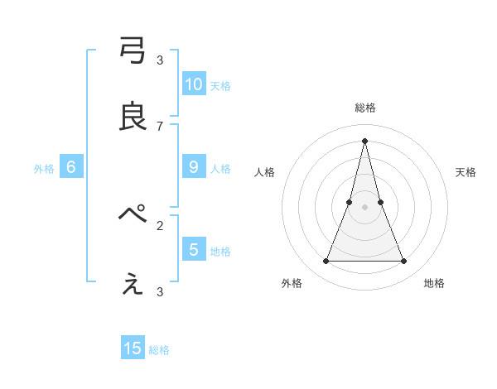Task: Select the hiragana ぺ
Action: [133, 215]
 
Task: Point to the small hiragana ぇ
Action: [133, 284]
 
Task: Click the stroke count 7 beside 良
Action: [160, 126]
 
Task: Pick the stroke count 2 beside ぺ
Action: [160, 225]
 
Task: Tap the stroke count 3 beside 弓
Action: [160, 60]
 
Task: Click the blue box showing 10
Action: [194, 84]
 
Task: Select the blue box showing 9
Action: [194, 167]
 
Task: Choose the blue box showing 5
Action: [194, 249]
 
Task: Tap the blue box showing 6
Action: [71, 167]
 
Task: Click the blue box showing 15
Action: [133, 348]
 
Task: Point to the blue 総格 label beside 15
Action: [159, 350]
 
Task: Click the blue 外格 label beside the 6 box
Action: [44, 169]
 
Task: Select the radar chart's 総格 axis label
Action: [365, 108]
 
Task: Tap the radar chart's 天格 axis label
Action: [466, 172]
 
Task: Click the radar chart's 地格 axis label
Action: [434, 283]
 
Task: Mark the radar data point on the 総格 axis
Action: [365, 140]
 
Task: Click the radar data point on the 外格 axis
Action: [326, 262]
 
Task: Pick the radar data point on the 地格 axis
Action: [404, 262]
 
